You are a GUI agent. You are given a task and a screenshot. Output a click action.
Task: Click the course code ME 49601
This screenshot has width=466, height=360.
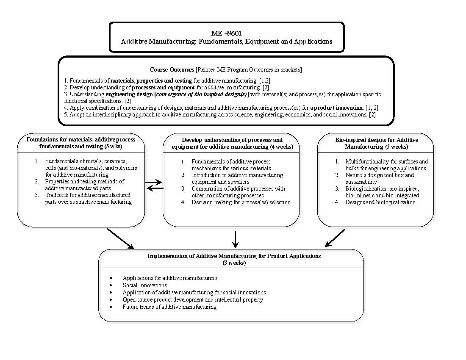[x=227, y=33]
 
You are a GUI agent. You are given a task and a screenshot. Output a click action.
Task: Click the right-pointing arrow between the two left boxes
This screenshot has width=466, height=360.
[x=153, y=183]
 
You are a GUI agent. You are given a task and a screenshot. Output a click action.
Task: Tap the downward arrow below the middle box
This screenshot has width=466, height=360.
[x=236, y=239]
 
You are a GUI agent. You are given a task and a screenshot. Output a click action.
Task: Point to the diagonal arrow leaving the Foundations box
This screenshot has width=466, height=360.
[x=120, y=239]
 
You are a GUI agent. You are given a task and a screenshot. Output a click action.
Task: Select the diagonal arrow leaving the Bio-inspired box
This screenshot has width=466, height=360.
[x=335, y=238]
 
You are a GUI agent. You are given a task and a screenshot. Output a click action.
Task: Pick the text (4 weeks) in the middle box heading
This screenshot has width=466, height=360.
[x=284, y=147]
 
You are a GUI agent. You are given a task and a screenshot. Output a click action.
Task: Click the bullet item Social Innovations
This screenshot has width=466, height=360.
[x=144, y=285]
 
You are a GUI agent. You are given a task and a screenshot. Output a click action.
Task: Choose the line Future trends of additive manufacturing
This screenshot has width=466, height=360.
[x=169, y=307]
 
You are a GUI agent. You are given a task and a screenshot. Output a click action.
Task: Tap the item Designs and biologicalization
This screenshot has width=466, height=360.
[x=380, y=202]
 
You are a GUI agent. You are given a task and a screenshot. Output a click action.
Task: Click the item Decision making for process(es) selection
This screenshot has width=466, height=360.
[x=241, y=202]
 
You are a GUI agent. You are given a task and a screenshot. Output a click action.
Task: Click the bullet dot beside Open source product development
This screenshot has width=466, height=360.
[x=111, y=300]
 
